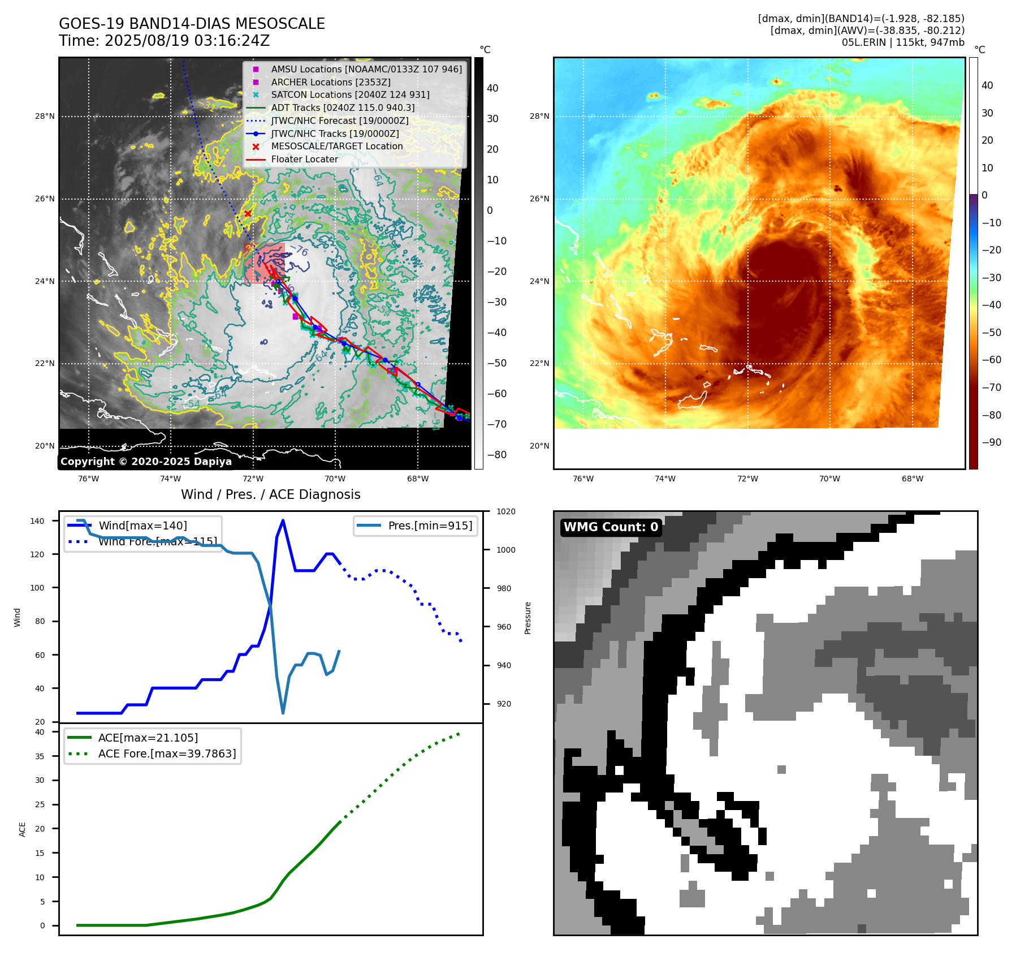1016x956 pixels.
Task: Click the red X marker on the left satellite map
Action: [x=248, y=213]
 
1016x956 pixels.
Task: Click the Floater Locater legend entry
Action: [x=304, y=159]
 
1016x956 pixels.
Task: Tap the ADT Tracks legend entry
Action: [x=343, y=107]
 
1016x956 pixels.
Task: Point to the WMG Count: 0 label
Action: [x=611, y=527]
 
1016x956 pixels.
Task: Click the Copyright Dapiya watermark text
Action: [x=146, y=462]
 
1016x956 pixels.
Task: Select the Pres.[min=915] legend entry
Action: [x=430, y=526]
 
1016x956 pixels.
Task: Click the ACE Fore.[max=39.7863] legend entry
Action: [x=167, y=753]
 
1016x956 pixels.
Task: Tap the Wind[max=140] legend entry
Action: [x=142, y=526]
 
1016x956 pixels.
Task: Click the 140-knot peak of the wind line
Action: [x=283, y=520]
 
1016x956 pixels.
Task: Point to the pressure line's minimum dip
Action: [x=283, y=713]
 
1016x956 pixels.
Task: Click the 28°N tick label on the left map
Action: [x=45, y=117]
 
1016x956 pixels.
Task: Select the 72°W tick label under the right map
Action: [x=747, y=479]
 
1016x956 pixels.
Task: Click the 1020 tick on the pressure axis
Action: [x=506, y=511]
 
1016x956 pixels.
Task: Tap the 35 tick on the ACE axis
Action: [x=40, y=756]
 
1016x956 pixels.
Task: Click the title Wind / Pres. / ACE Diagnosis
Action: [x=270, y=494]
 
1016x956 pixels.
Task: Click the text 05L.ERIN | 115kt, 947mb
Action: [x=903, y=42]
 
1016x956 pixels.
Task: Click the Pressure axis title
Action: [x=528, y=618]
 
